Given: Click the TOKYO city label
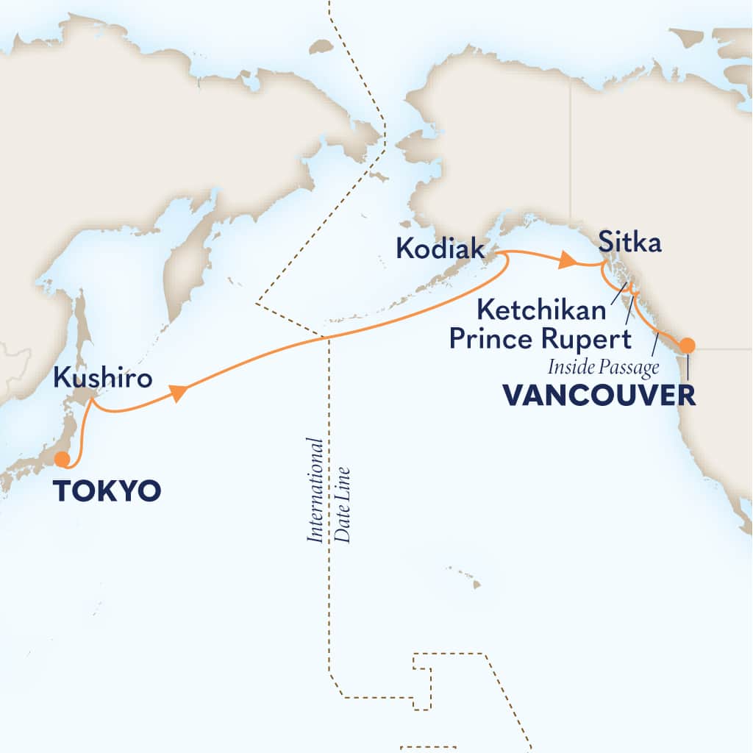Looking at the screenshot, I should coord(107,491).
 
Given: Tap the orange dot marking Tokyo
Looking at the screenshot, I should coord(63,460).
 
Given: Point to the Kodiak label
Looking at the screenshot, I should coord(440,249).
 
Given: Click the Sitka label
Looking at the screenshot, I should coord(629,243).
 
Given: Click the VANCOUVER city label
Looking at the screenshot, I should coord(599,395).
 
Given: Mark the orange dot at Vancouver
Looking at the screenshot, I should coord(686,345).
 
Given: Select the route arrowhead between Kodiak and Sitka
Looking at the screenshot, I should coord(568,260).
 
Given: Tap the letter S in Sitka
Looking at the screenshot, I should coord(605,243).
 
